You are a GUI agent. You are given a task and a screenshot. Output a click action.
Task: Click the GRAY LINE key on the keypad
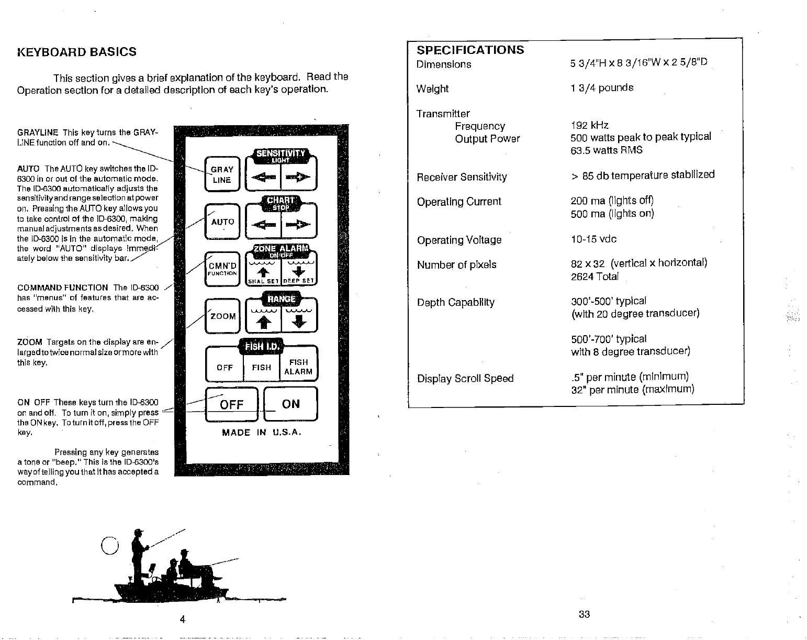coord(222,174)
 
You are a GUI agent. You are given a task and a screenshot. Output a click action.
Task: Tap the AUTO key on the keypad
coord(222,222)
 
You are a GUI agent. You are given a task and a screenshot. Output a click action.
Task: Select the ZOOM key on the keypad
coord(222,316)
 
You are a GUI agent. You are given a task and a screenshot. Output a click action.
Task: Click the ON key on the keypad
coord(290,404)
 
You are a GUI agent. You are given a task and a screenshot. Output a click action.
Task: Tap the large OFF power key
coord(231,404)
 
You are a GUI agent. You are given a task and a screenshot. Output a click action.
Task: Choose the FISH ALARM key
coord(298,367)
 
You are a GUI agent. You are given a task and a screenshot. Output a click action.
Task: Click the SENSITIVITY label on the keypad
coord(281,153)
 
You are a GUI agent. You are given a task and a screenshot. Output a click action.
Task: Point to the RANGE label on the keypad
coord(281,299)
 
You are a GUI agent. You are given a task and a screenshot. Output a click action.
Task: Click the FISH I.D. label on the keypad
coord(261,347)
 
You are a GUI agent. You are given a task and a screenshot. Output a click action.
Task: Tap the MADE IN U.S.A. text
coord(262,433)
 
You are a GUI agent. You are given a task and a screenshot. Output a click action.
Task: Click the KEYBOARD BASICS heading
coord(77,52)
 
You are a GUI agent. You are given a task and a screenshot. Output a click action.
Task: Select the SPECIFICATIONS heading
coord(470,50)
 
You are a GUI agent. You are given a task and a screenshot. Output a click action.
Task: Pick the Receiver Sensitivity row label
coord(462,177)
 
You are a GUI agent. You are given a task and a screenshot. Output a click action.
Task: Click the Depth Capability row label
coord(455,303)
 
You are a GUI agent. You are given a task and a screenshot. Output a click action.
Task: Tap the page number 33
coord(585,614)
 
